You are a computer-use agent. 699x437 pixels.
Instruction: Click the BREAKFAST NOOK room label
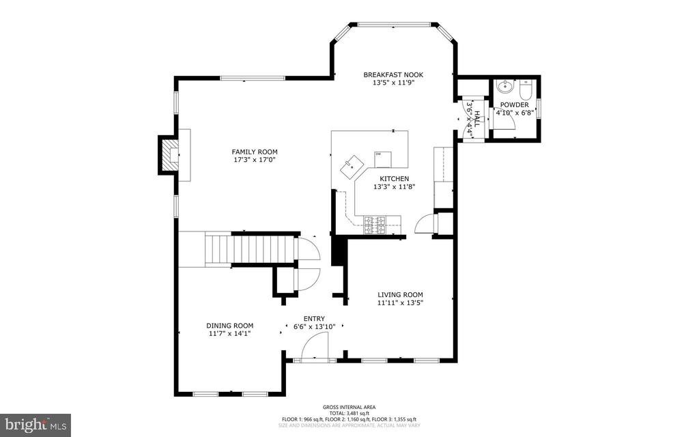(x=393, y=74)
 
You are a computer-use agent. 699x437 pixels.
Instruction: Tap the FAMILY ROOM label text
(x=254, y=152)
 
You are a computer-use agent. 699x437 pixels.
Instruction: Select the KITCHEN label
(x=394, y=178)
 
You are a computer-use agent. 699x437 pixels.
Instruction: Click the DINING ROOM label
(x=230, y=326)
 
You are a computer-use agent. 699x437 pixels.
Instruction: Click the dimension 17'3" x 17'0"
(x=254, y=160)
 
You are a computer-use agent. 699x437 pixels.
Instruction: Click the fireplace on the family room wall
(x=168, y=155)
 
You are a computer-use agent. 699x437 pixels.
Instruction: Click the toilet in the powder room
(x=526, y=89)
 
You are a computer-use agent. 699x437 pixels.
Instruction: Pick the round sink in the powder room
(x=505, y=87)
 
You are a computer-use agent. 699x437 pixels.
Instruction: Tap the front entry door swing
(x=315, y=347)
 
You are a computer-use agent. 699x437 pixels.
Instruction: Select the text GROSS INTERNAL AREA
(x=349, y=407)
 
